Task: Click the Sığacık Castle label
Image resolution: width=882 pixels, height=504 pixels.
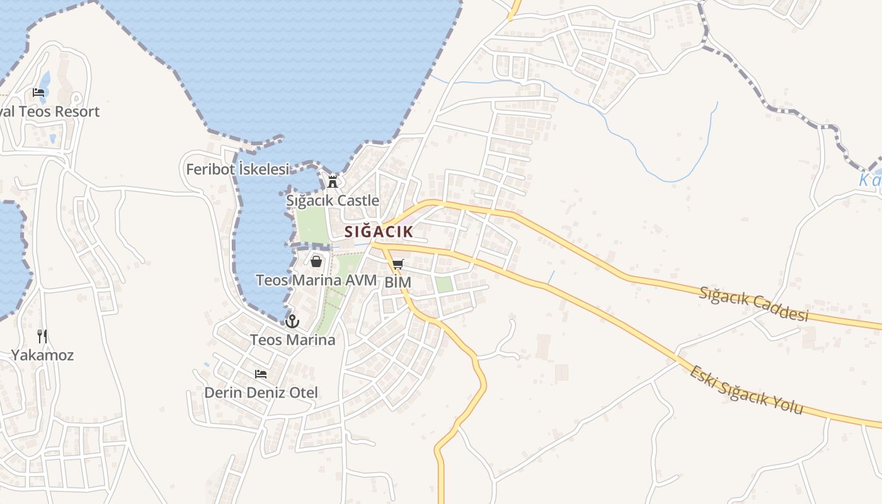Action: coord(333,201)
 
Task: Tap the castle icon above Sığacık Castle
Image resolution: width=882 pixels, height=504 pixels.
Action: coord(333,182)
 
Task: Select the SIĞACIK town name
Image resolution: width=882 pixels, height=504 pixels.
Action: coord(379,232)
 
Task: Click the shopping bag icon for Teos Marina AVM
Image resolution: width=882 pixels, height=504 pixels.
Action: coord(316,261)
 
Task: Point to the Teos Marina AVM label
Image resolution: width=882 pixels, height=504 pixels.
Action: coord(316,280)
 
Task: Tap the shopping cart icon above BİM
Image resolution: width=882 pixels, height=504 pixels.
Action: coord(398,265)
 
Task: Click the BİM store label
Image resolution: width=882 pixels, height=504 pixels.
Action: coord(398,282)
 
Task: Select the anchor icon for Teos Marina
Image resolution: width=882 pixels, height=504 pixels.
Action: coord(292,321)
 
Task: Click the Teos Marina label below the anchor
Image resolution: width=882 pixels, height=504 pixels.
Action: coord(292,340)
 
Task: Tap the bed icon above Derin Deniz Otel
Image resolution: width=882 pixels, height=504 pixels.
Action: coord(261,374)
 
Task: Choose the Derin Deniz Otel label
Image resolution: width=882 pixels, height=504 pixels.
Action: coord(261,392)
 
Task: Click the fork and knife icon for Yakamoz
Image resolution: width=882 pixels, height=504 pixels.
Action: coord(42,336)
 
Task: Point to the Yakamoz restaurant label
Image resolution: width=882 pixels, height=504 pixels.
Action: coord(42,355)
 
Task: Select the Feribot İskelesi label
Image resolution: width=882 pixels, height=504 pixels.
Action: coord(238,169)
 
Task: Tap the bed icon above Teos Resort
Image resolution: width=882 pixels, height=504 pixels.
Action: coord(38,93)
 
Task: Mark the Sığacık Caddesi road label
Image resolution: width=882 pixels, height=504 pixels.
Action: coord(753,303)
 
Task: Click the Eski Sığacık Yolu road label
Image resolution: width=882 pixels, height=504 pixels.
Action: coord(746,390)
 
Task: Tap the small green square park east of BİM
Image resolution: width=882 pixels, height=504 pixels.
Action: coord(444,285)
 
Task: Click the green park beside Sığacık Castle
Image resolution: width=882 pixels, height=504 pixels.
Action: coord(312,226)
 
